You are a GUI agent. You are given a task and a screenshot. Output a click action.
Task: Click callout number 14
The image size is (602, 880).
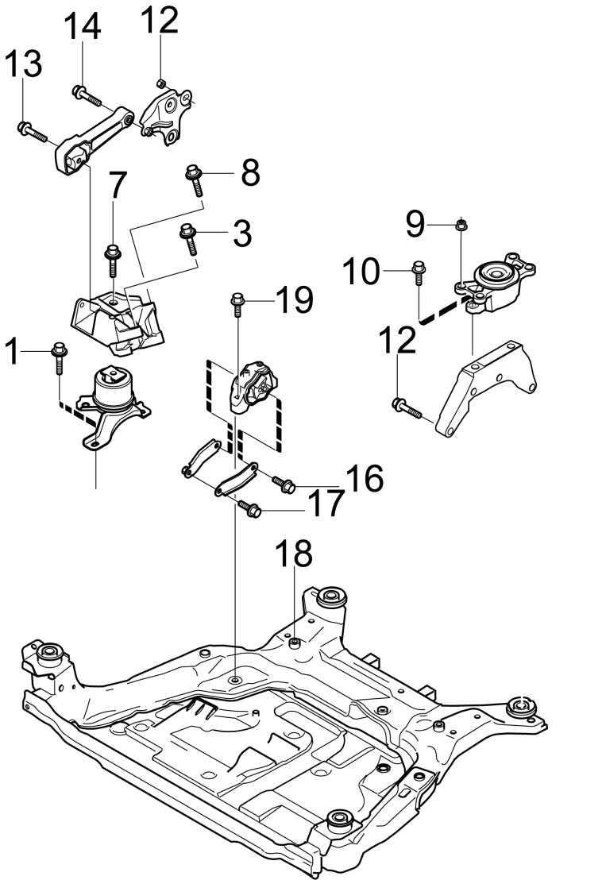coord(82,26)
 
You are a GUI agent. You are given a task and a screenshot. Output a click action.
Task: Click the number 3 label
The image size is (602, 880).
coord(242,233)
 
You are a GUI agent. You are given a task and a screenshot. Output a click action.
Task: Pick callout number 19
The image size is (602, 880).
coord(295,299)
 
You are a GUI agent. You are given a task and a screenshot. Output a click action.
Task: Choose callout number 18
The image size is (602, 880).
coord(294,554)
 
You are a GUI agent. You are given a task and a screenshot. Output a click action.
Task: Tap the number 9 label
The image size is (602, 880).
coord(415,225)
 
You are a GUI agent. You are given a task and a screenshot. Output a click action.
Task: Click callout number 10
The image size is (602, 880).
coord(361,272)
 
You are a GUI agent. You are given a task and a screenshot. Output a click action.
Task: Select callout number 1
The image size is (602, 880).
coord(12,351)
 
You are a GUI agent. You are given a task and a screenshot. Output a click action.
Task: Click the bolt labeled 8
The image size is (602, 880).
coord(194,179)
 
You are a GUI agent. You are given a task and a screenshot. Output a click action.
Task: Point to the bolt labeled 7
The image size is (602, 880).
coord(112,261)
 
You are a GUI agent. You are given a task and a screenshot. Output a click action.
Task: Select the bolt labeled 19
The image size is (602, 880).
coord(237,305)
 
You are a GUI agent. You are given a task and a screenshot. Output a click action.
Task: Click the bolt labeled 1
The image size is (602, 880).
coord(59,359)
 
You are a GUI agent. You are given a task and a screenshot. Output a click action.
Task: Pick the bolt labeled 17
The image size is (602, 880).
coord(249,509)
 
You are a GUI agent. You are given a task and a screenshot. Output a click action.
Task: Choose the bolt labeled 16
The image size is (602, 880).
coord(284,484)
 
